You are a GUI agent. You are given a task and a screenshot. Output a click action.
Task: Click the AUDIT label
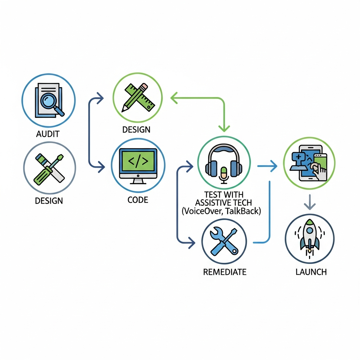coord(48,134)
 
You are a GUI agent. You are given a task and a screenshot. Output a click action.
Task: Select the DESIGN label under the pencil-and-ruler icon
coord(136,129)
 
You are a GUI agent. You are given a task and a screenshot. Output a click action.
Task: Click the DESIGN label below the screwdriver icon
coord(49,201)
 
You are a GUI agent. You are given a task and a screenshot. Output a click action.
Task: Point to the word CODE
coord(138,200)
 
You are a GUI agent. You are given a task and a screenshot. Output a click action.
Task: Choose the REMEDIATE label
coord(225,272)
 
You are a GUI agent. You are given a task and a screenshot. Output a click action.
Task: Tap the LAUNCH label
coord(311,272)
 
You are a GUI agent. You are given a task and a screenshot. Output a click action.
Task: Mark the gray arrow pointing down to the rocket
coord(309,203)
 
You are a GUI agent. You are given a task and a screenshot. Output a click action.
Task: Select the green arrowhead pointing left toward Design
coord(174,98)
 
